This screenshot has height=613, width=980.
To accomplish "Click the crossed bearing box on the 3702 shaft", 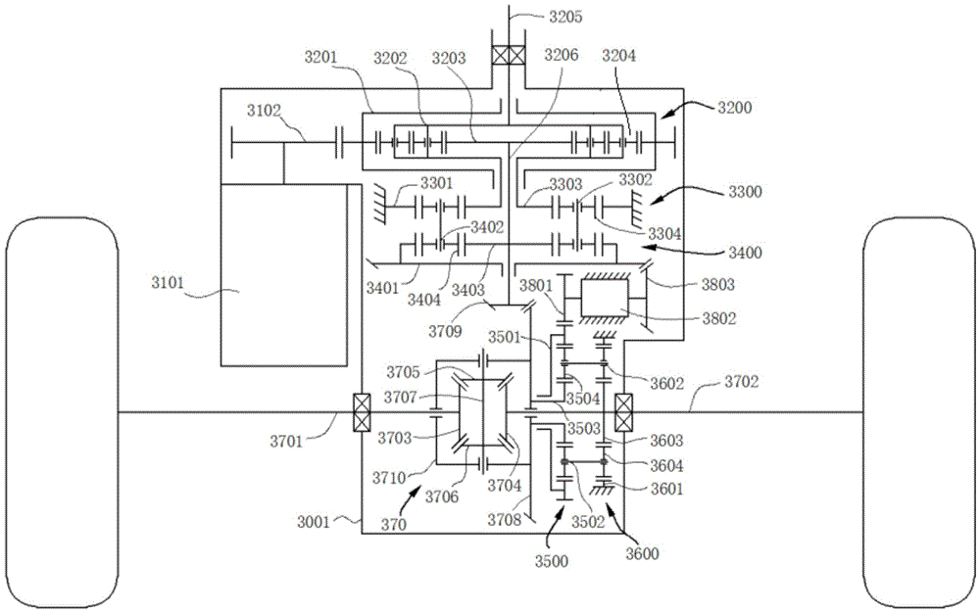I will [x=624, y=412].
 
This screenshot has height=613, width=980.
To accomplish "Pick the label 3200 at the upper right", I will [x=734, y=109].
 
